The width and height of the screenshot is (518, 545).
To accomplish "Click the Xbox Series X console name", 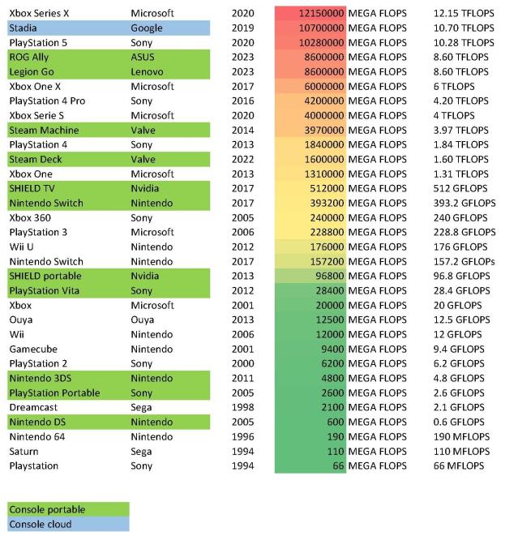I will point(39,13).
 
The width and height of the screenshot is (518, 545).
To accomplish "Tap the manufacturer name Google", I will point(147,28).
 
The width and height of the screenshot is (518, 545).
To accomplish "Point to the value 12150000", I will point(321,13).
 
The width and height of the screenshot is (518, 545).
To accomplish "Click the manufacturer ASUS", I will point(143,57).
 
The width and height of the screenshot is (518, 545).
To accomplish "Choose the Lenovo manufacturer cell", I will point(147,71).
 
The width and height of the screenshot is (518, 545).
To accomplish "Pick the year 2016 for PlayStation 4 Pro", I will point(242,101).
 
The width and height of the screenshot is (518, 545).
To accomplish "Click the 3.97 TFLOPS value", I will point(463,130).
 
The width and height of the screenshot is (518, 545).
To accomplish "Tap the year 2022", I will point(242,159).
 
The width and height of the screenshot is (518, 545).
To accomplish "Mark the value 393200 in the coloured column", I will point(327,203).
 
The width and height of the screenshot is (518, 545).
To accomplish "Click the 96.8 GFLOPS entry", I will point(462,276).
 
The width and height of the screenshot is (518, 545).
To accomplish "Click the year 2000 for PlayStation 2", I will point(242,363).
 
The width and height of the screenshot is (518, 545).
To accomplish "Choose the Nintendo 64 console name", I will point(37,436).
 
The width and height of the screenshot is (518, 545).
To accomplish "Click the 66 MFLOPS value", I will point(459,466).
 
